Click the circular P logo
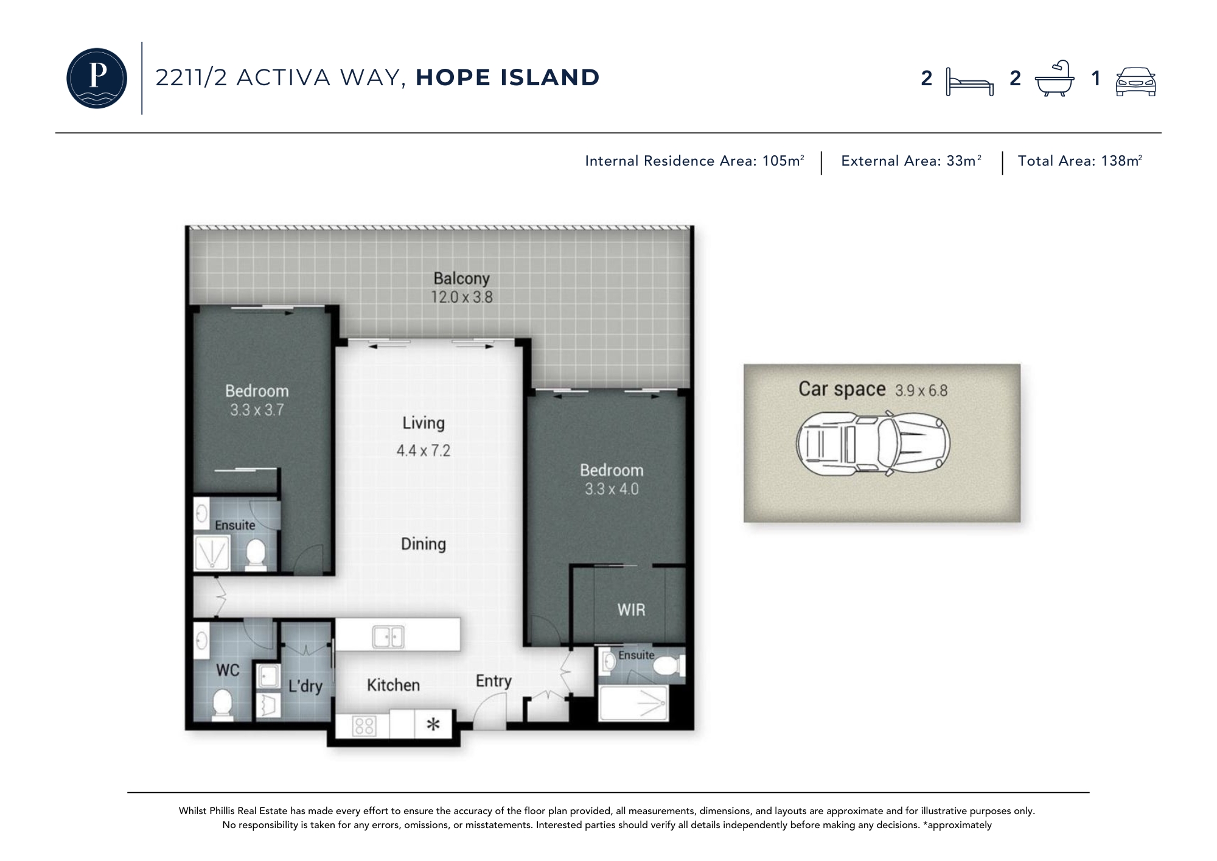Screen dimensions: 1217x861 97,78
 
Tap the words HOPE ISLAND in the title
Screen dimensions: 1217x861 507,77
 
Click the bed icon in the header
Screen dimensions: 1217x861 970,82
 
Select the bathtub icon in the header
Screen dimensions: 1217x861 1055,79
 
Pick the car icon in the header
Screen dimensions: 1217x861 1135,81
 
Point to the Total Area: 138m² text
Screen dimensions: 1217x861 1080,161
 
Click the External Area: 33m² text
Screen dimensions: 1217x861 911,161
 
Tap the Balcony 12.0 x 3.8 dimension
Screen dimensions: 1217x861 462,297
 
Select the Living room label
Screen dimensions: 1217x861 424,423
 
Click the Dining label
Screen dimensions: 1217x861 424,544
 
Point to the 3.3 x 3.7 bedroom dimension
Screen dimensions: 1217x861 257,410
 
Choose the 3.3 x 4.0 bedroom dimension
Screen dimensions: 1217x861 612,489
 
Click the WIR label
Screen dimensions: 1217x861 631,610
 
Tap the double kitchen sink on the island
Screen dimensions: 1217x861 388,637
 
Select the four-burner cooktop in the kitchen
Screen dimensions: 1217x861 364,725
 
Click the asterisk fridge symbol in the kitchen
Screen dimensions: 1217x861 433,725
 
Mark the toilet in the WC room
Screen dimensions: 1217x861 223,705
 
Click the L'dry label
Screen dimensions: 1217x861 305,686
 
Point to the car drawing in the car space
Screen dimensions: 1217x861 873,443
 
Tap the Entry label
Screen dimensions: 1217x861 493,681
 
